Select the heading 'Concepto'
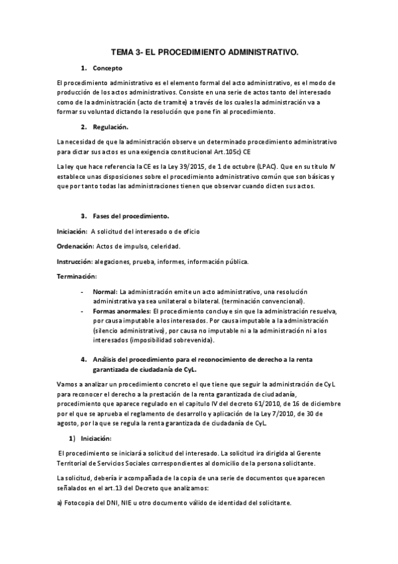pyautogui.click(x=107, y=68)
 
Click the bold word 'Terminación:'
pyautogui.click(x=76, y=276)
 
